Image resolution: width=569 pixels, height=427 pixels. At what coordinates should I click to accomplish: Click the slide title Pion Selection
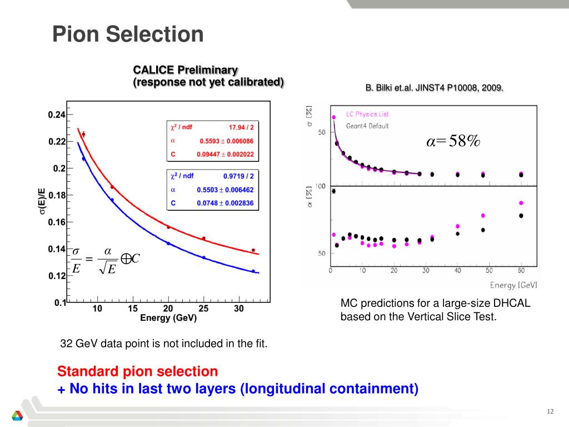[x=128, y=35]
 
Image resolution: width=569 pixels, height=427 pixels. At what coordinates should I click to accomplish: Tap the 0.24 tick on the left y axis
[x=57, y=115]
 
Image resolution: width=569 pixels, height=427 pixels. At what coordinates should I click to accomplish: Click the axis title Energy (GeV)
[x=168, y=319]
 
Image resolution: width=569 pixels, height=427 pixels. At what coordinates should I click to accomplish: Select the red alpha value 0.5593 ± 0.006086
[x=226, y=141]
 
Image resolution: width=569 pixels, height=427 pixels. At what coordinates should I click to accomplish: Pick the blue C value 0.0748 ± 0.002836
[x=225, y=203]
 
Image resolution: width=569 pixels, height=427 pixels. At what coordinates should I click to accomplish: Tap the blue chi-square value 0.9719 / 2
[x=238, y=176]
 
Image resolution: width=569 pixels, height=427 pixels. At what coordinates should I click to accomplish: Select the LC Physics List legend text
[x=367, y=114]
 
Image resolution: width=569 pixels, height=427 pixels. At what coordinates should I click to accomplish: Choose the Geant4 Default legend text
[x=367, y=126]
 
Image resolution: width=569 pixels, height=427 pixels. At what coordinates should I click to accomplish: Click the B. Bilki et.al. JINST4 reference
[x=435, y=88]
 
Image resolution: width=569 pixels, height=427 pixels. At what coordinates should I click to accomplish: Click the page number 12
[x=551, y=411]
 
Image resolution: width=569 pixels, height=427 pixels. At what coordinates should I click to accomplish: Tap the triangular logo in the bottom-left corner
[x=18, y=416]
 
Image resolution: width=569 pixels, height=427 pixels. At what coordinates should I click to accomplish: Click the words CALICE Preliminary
[x=185, y=70]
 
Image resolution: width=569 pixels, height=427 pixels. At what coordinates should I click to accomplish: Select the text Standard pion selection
[x=138, y=371]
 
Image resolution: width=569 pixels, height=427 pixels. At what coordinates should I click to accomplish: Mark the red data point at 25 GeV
[x=203, y=239]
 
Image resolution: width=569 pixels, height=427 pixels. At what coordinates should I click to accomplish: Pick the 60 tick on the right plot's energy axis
[x=521, y=271]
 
